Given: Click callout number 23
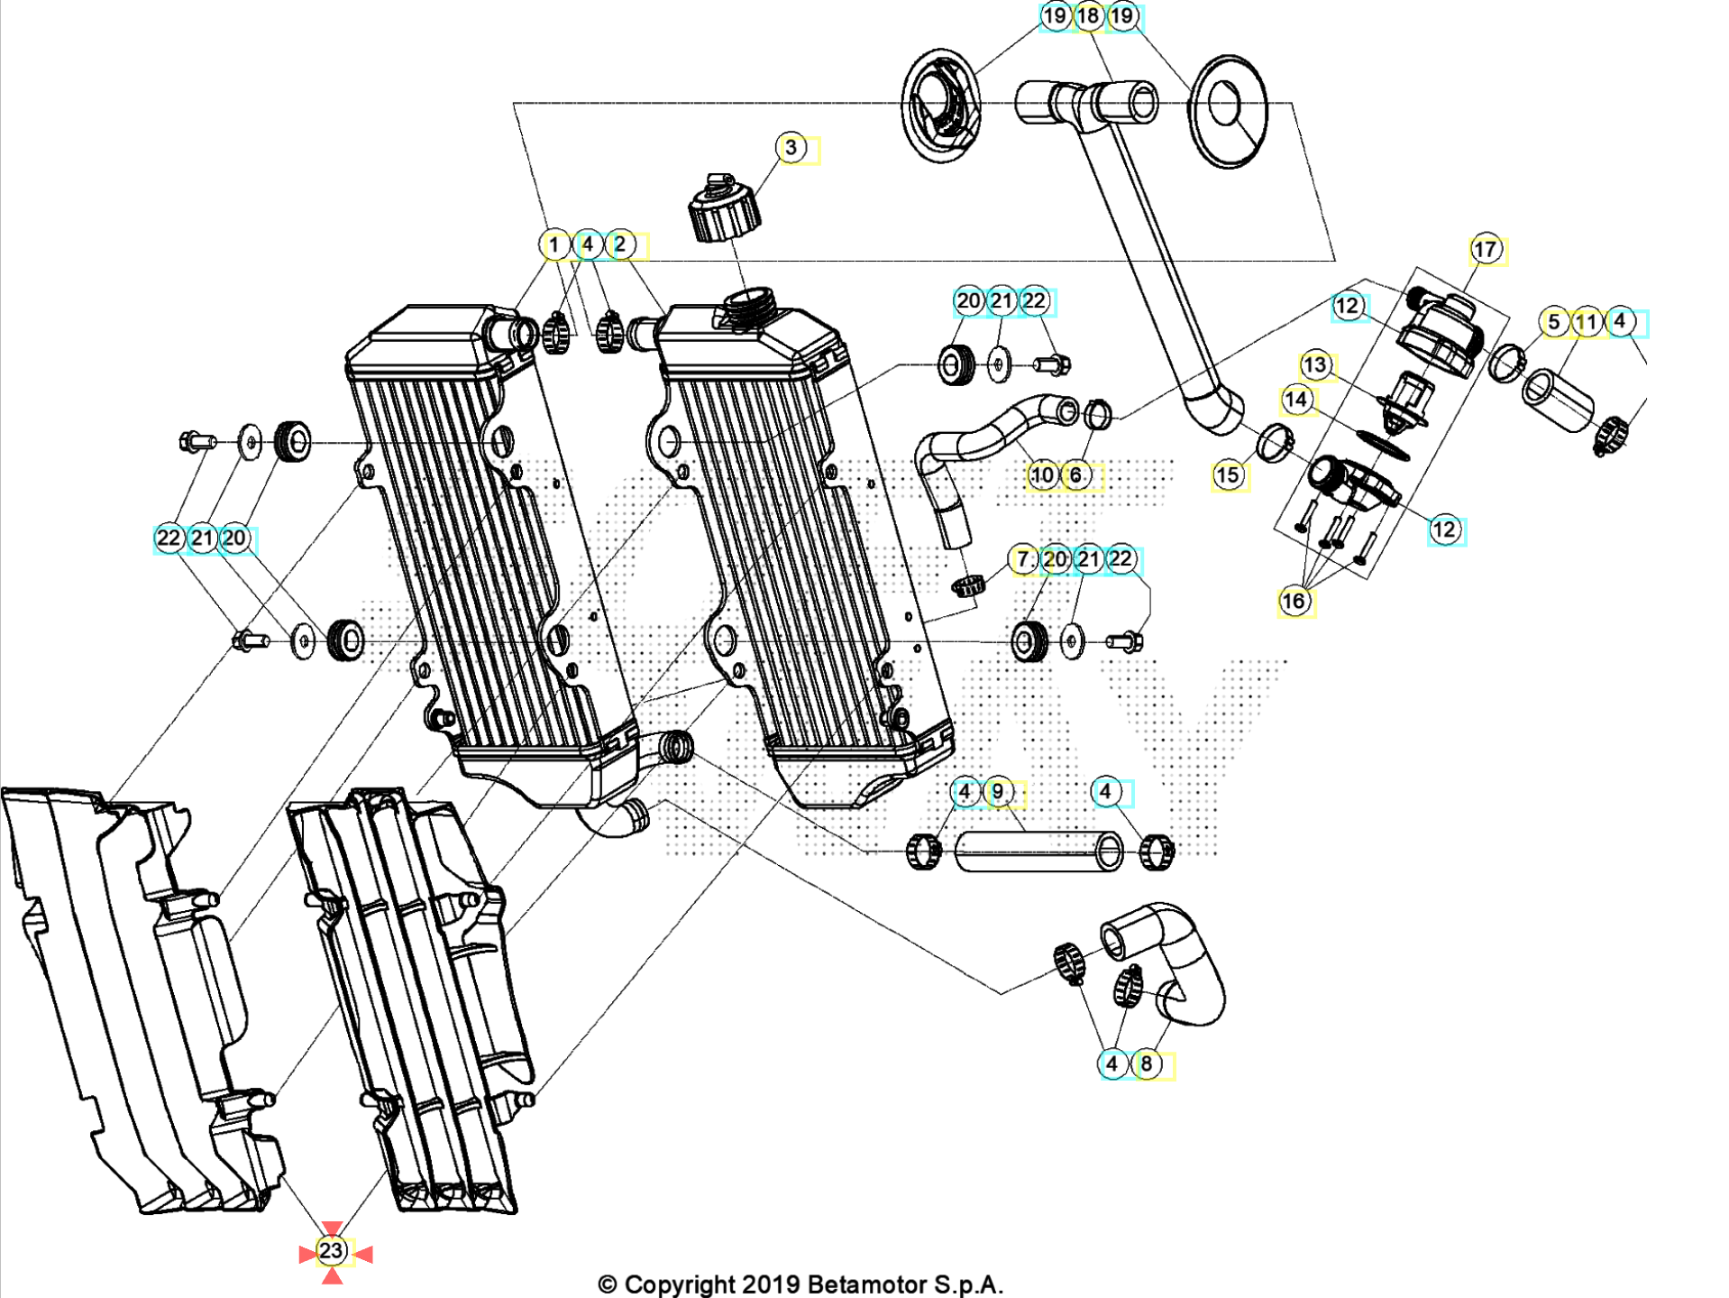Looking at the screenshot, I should pos(332,1251).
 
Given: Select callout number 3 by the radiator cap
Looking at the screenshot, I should pos(791,148).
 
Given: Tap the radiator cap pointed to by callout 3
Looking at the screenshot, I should pos(724,210).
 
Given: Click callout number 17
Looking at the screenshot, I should pos(1485,250).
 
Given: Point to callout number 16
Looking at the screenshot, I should pos(1294,601).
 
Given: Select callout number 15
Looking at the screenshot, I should pos(1227,475).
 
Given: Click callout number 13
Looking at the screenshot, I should pos(1315,365).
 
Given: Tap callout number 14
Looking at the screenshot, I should pos(1295,400).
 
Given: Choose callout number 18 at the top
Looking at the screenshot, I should pos(1088,16).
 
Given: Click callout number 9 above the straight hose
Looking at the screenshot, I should pos(998,792).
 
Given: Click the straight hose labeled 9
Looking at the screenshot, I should pos(1037,852).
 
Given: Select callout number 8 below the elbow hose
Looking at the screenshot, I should pos(1146,1064).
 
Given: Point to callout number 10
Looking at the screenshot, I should pos(1042,475).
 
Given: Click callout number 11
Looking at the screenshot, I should pos(1586,322).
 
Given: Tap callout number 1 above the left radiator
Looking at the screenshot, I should pos(554,244).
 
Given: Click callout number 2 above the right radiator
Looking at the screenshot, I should pos(620,244).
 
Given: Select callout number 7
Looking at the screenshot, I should pos(1023,560).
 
